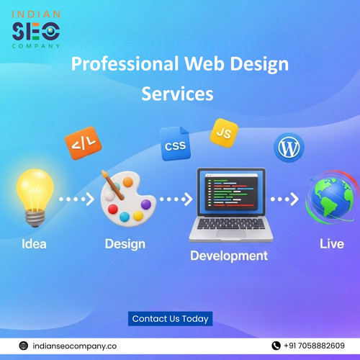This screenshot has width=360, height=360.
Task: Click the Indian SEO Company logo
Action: click(36, 29)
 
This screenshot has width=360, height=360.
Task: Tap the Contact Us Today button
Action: click(171, 318)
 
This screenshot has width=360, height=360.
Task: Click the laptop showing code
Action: click(230, 204)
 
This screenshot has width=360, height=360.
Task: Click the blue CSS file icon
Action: click(175, 143)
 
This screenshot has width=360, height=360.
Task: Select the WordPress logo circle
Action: click(289, 148)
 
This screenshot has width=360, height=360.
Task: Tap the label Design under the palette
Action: click(126, 244)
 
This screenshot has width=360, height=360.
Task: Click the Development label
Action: click(228, 256)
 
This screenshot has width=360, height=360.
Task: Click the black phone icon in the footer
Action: click(276, 346)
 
